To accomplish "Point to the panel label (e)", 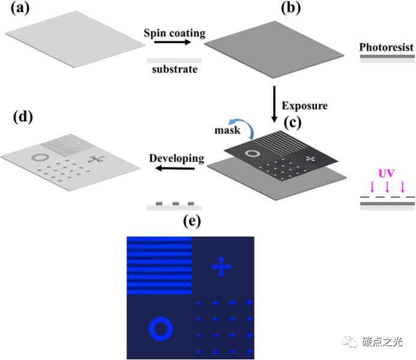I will point(192,222).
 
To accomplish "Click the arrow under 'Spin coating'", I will point(174,43).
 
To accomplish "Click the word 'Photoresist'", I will point(387,47).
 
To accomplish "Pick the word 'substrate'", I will point(174,70).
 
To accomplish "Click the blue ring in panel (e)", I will point(160,328).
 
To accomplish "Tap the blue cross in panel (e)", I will point(222,267).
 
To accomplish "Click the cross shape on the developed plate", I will point(94,159).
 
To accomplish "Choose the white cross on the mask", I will point(310,158).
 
